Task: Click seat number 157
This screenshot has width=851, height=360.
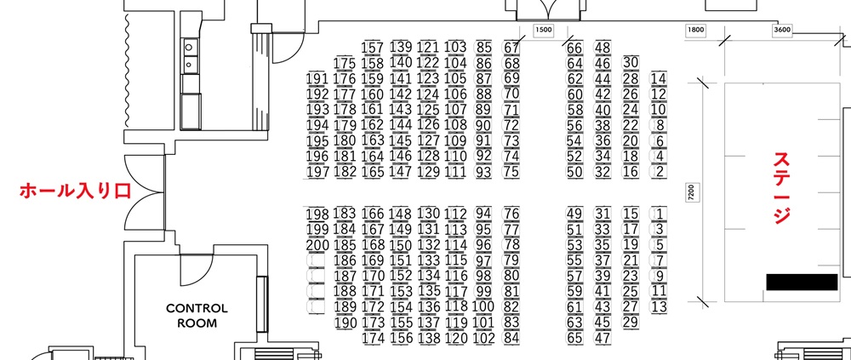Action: pyautogui.click(x=373, y=49)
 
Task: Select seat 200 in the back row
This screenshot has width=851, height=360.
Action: pyautogui.click(x=317, y=245)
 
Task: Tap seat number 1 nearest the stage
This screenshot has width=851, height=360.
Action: pyautogui.click(x=659, y=214)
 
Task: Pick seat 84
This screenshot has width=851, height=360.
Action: pyautogui.click(x=511, y=338)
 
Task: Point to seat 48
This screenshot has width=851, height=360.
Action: pyautogui.click(x=603, y=48)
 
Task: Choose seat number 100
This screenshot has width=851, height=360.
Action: pyautogui.click(x=483, y=306)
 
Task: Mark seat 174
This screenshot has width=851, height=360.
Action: pyautogui.click(x=373, y=338)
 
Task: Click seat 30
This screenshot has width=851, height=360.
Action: pyautogui.click(x=631, y=63)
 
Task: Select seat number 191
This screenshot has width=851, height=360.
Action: pyautogui.click(x=317, y=79)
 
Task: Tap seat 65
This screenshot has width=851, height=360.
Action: pyautogui.click(x=574, y=338)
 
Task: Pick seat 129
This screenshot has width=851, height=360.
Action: pyautogui.click(x=429, y=172)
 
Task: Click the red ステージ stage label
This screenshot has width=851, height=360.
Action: pyautogui.click(x=781, y=188)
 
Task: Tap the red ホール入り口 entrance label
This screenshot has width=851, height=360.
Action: pyautogui.click(x=76, y=191)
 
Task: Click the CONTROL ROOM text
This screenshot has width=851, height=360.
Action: pyautogui.click(x=197, y=316)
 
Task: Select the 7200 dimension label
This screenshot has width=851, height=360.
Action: pyautogui.click(x=691, y=192)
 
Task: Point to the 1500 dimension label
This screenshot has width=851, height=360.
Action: pyautogui.click(x=543, y=31)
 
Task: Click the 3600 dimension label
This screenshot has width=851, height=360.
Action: pyautogui.click(x=781, y=31)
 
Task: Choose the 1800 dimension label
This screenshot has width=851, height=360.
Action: pyautogui.click(x=696, y=31)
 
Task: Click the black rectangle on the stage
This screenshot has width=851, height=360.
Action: pyautogui.click(x=802, y=283)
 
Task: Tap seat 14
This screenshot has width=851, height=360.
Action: pyautogui.click(x=659, y=79)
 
